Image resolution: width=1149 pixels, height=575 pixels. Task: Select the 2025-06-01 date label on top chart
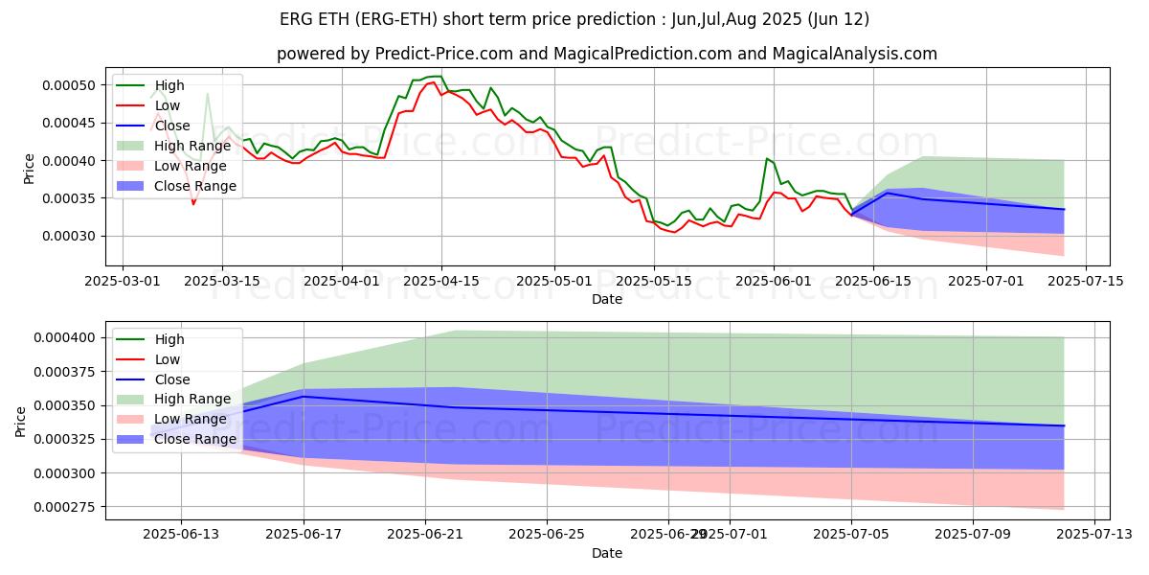(x=774, y=281)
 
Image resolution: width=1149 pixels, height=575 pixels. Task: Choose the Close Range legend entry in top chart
(x=194, y=186)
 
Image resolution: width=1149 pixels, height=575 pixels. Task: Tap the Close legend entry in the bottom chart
(x=171, y=379)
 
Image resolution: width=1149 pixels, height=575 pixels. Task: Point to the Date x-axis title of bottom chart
(x=607, y=553)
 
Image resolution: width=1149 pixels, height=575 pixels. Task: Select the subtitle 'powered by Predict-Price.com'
(x=607, y=54)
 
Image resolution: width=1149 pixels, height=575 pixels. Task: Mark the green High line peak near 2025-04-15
(x=439, y=76)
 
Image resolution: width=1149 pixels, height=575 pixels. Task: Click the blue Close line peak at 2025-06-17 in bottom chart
(x=304, y=397)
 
